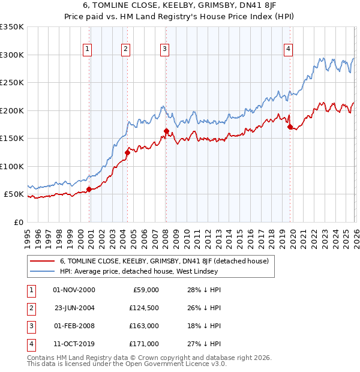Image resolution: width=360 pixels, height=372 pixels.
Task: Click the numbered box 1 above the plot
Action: pyautogui.click(x=88, y=49)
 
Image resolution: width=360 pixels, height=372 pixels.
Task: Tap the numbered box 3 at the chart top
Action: pyautogui.click(x=164, y=49)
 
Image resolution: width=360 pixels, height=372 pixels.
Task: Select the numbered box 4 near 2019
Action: pyautogui.click(x=289, y=49)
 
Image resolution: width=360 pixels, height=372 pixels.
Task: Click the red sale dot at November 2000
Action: pyautogui.click(x=89, y=190)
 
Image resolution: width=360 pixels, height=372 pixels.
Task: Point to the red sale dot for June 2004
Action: pyautogui.click(x=127, y=152)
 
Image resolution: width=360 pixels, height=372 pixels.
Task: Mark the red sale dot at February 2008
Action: pyautogui.click(x=166, y=131)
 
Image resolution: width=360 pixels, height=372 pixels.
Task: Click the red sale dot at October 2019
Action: pyautogui.click(x=290, y=127)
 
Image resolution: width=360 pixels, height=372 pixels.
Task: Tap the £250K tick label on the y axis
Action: pyautogui.click(x=12, y=83)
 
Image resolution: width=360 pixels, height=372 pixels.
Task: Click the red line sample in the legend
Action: pyautogui.click(x=41, y=261)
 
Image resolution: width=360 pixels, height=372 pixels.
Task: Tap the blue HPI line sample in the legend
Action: pyautogui.click(x=41, y=271)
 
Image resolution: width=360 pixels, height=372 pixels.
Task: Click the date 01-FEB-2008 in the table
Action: pyautogui.click(x=74, y=327)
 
